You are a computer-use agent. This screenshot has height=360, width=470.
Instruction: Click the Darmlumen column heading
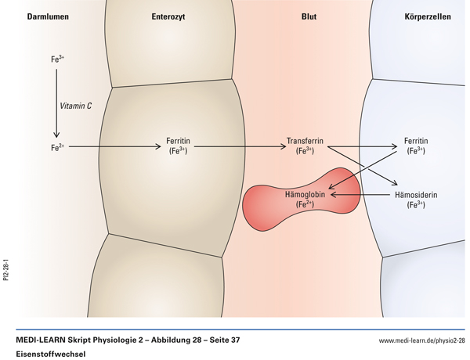(29, 16)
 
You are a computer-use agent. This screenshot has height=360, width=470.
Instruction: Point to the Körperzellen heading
(427, 16)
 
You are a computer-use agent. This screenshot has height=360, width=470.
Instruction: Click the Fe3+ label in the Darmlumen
(56, 58)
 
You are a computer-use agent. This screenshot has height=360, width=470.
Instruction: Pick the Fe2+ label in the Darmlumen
(56, 146)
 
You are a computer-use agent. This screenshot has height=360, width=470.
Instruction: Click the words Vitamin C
(76, 105)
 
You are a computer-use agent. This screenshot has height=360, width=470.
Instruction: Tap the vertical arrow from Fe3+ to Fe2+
(56, 102)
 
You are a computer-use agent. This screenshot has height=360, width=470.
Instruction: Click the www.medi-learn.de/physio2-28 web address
(421, 340)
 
